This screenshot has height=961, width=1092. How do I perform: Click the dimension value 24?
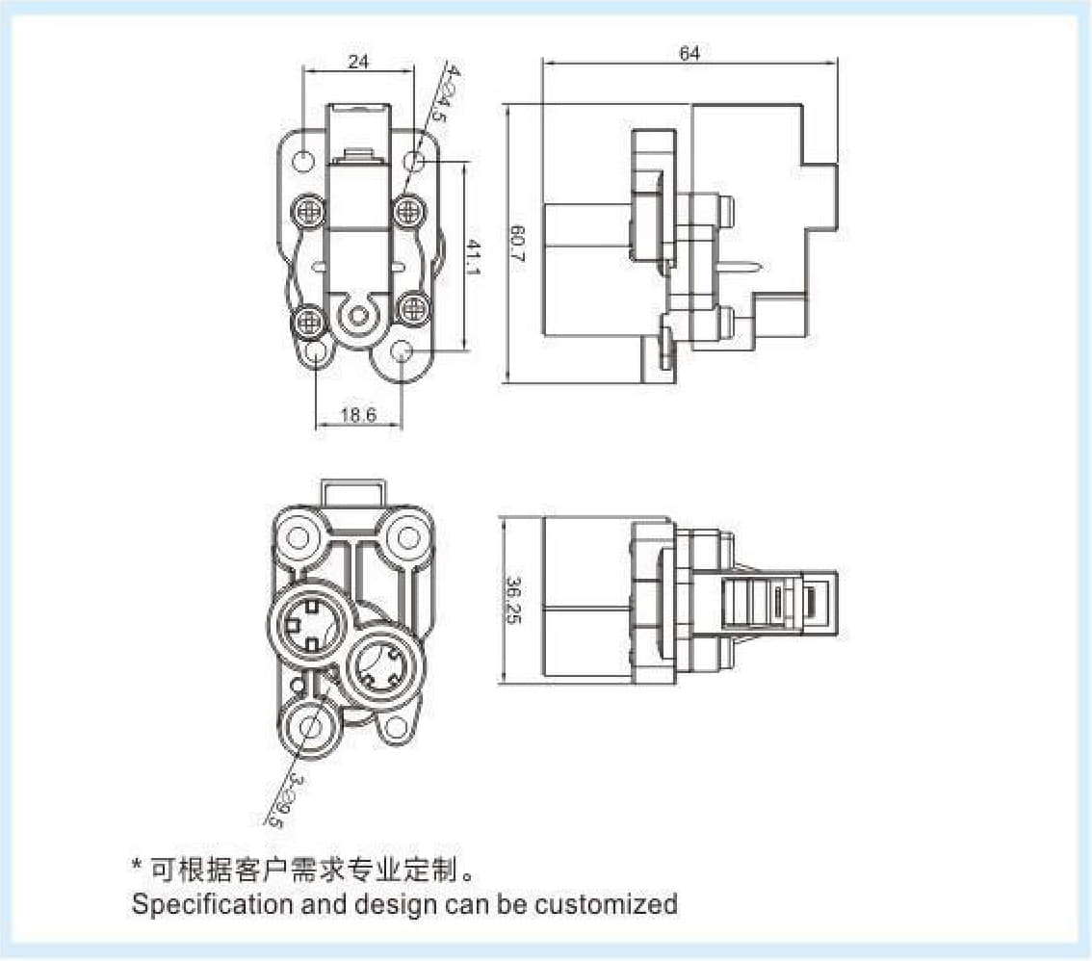(x=358, y=62)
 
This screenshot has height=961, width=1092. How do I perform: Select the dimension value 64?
(x=689, y=53)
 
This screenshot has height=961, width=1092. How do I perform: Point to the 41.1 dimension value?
(x=474, y=257)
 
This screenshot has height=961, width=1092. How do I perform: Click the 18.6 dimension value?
(x=358, y=416)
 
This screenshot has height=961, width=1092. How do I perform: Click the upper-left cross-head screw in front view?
(x=308, y=208)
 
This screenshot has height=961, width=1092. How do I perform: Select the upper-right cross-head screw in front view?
(x=408, y=208)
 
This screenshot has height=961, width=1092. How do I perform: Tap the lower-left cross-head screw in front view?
(x=308, y=321)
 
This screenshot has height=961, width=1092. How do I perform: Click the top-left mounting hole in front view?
(x=302, y=159)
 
